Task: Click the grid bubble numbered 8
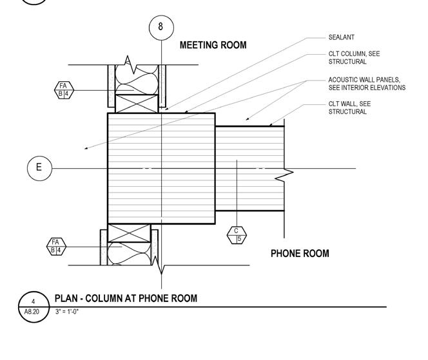point(160,28)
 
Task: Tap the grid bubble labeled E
point(39,168)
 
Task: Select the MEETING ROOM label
point(213,46)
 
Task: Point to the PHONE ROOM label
point(300,254)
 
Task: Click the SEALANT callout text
point(341,37)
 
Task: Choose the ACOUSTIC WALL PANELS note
point(367,84)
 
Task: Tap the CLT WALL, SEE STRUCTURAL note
point(349,108)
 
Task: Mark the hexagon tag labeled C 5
point(237,235)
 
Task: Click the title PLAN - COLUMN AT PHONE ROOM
point(126,298)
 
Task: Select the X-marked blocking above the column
point(137,104)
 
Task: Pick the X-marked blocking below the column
point(129,233)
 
